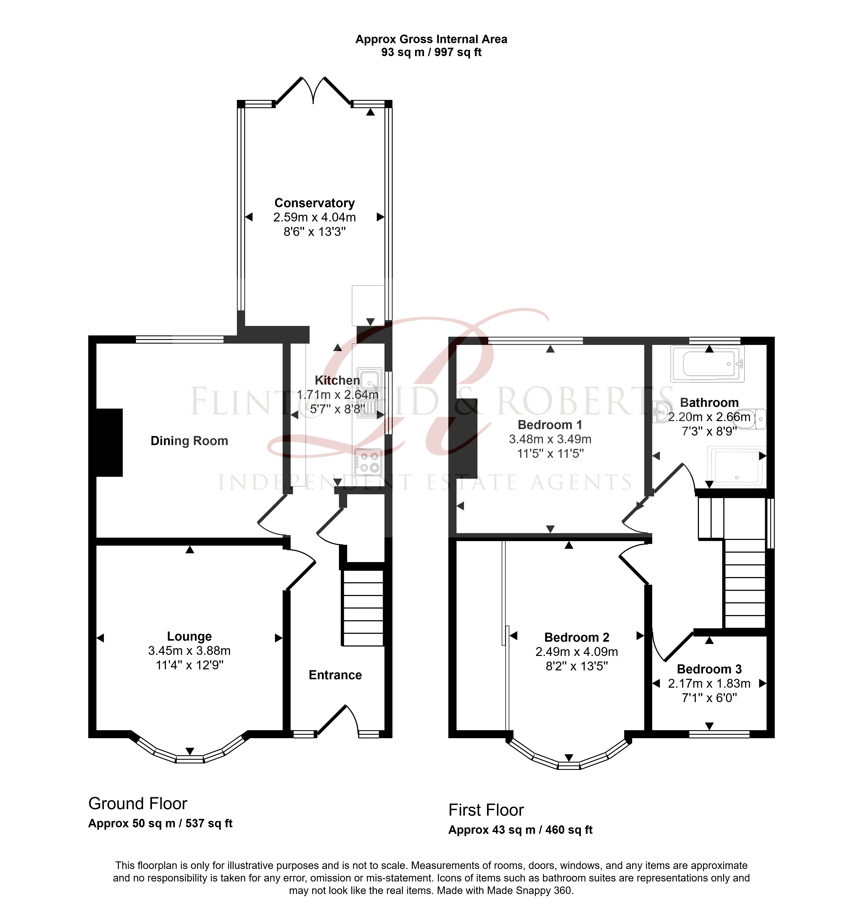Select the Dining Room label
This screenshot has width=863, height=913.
(x=189, y=441)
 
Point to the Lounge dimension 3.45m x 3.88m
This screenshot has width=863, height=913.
(x=189, y=651)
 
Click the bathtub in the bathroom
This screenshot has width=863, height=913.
(x=707, y=364)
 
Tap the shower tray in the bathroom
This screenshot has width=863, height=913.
(x=736, y=467)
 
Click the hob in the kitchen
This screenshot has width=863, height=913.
(x=369, y=462)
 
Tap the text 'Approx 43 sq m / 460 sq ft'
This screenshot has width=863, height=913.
(x=520, y=830)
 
